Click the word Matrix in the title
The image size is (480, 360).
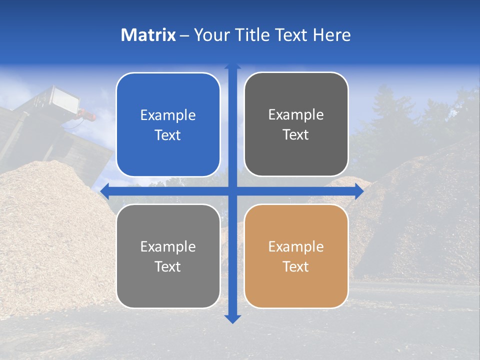[x=148, y=35]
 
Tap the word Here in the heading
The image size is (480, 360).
[x=331, y=35]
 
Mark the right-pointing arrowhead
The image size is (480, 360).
[x=359, y=191]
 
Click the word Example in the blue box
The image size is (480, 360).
[x=168, y=115]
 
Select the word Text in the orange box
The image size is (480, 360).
[x=296, y=266]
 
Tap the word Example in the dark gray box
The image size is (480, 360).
[x=296, y=114]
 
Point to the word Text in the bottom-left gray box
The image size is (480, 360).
[x=168, y=266]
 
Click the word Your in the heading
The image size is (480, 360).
[x=209, y=35]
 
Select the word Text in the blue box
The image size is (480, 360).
[x=168, y=135]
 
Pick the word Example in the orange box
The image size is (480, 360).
[x=296, y=246]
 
